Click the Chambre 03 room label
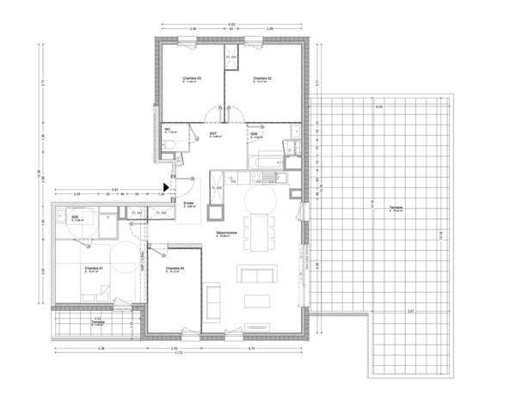tap(192, 79)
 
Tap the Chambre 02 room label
tap(262, 79)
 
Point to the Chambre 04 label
tap(175, 269)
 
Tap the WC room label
tap(169, 131)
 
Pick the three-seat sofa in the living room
tap(258, 276)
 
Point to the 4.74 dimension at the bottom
tap(250, 348)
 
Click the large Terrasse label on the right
tap(396, 208)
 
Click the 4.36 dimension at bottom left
tap(101, 348)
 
